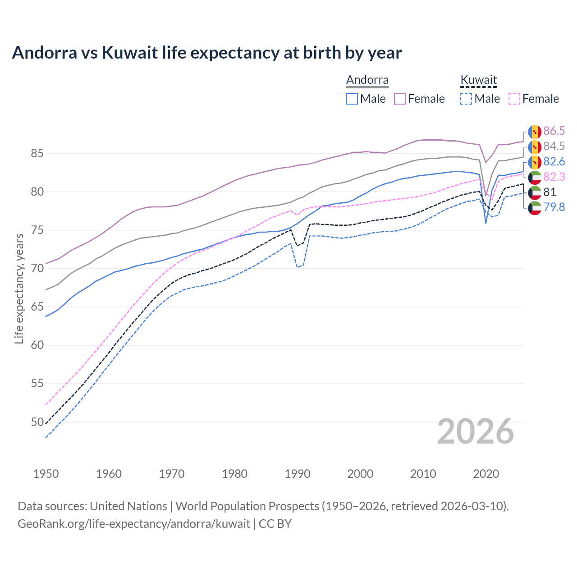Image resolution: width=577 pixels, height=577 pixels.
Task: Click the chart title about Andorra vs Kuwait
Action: (x=206, y=53)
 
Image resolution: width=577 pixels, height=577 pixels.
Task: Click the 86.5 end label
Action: (x=554, y=131)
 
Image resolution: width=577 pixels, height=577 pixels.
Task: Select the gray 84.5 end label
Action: (x=554, y=147)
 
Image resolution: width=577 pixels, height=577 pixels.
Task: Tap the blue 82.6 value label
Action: (x=554, y=162)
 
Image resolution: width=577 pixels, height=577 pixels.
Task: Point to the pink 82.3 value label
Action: (x=554, y=177)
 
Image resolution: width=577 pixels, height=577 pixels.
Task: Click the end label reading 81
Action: (x=550, y=192)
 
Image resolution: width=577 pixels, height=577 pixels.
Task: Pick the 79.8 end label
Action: (x=554, y=207)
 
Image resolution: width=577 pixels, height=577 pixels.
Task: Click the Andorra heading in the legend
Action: (x=367, y=80)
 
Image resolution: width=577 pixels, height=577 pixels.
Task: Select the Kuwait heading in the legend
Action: (x=478, y=80)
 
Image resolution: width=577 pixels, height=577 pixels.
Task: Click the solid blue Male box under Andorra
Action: (x=352, y=99)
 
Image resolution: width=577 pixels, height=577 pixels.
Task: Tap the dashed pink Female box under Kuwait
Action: (x=514, y=99)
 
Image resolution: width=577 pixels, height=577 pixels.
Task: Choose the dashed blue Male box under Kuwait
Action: (x=466, y=99)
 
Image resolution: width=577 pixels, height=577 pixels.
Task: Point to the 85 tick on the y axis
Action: (x=37, y=154)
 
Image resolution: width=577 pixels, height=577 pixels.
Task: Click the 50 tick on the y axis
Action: (x=37, y=422)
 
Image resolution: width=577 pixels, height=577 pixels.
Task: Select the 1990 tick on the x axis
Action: (x=298, y=474)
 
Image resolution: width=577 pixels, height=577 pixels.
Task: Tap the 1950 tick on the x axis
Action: (x=46, y=474)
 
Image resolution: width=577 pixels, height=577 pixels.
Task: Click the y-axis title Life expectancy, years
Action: (x=19, y=288)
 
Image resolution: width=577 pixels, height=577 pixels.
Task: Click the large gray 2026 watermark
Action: (x=475, y=431)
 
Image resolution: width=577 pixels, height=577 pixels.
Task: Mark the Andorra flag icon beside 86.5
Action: (x=535, y=132)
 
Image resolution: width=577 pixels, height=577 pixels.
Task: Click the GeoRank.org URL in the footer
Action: (x=133, y=524)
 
